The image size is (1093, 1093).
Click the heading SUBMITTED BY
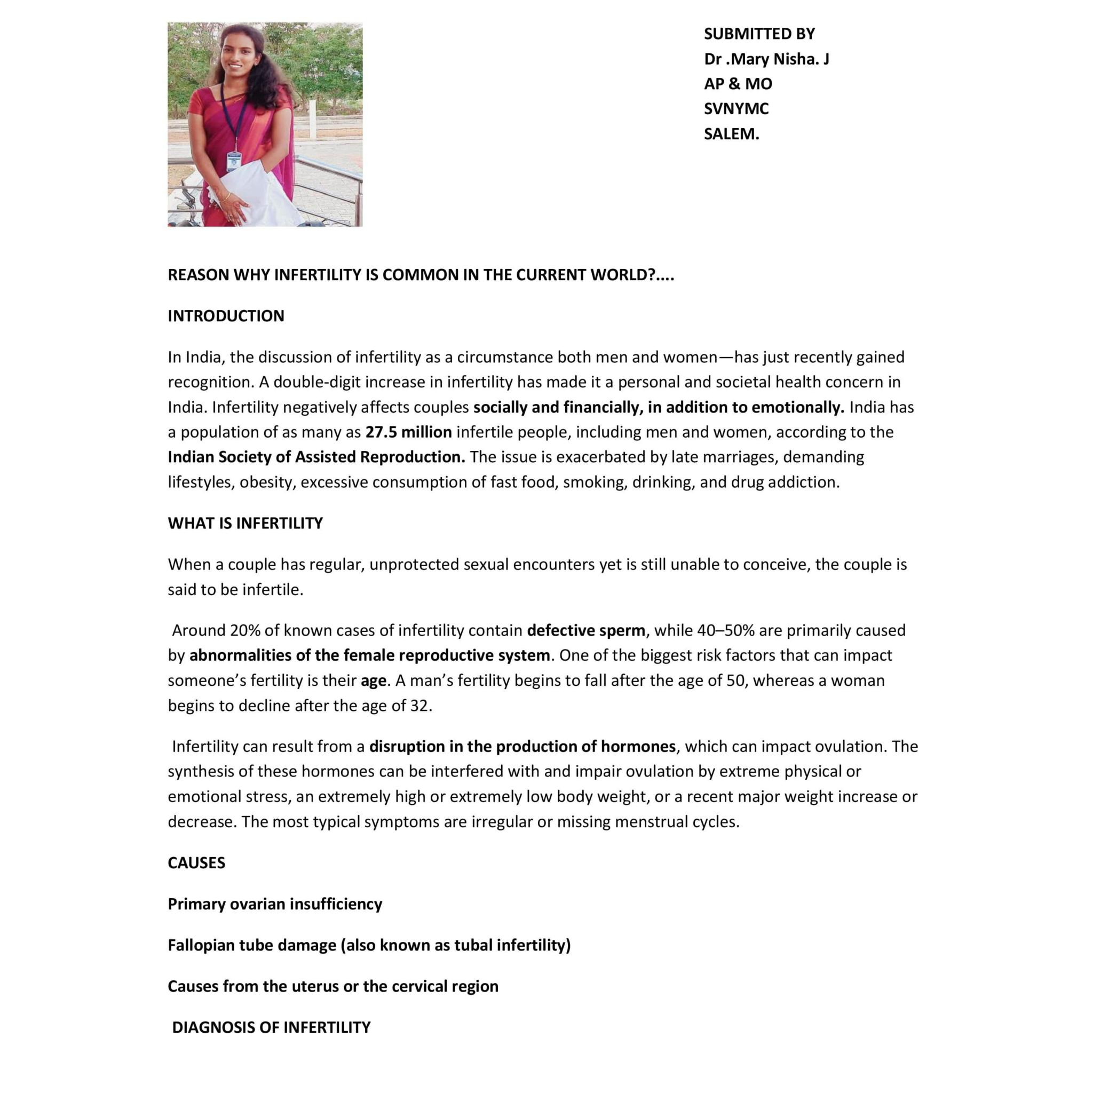pyautogui.click(x=759, y=34)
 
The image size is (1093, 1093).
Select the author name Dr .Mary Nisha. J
pyautogui.click(x=766, y=59)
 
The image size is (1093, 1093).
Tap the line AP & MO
pyautogui.click(x=738, y=84)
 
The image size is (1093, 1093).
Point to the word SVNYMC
pyautogui.click(x=736, y=109)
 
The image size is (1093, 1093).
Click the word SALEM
pyautogui.click(x=731, y=134)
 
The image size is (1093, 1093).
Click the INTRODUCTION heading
pyautogui.click(x=226, y=316)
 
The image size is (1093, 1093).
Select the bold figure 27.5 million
pyautogui.click(x=408, y=432)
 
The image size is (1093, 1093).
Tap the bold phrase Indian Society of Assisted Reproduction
pyautogui.click(x=316, y=457)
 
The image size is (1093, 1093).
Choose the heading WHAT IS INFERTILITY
pyautogui.click(x=245, y=524)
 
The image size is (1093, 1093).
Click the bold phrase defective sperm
pyautogui.click(x=585, y=630)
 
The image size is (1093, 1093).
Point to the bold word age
pyautogui.click(x=374, y=680)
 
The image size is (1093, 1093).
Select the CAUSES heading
pyautogui.click(x=196, y=863)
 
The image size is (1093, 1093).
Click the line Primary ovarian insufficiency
pyautogui.click(x=275, y=904)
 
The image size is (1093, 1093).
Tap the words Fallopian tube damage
pyautogui.click(x=252, y=945)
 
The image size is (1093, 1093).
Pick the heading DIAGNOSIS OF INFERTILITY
pyautogui.click(x=271, y=1027)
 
